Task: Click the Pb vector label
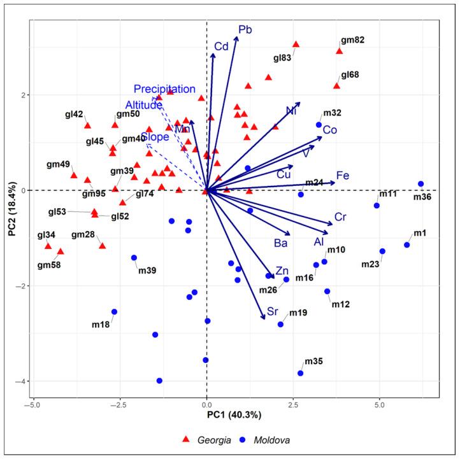[245, 30]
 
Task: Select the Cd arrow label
[221, 46]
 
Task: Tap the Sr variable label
[273, 311]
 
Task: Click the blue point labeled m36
[421, 184]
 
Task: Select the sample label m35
[314, 361]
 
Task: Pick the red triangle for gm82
[340, 51]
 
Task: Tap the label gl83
[282, 58]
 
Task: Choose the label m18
[101, 325]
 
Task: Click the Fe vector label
[342, 176]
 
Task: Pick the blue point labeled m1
[407, 245]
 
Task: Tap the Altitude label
[143, 105]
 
